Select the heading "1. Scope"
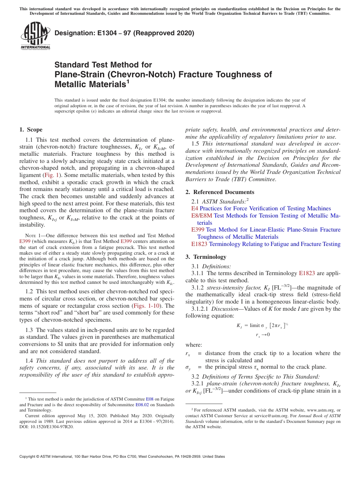tap(31, 130)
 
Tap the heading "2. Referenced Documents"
tap(220, 192)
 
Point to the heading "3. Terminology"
tap(206, 257)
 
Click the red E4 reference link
tap(194, 208)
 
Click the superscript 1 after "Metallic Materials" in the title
tap(128, 81)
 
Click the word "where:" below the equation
tap(194, 345)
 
